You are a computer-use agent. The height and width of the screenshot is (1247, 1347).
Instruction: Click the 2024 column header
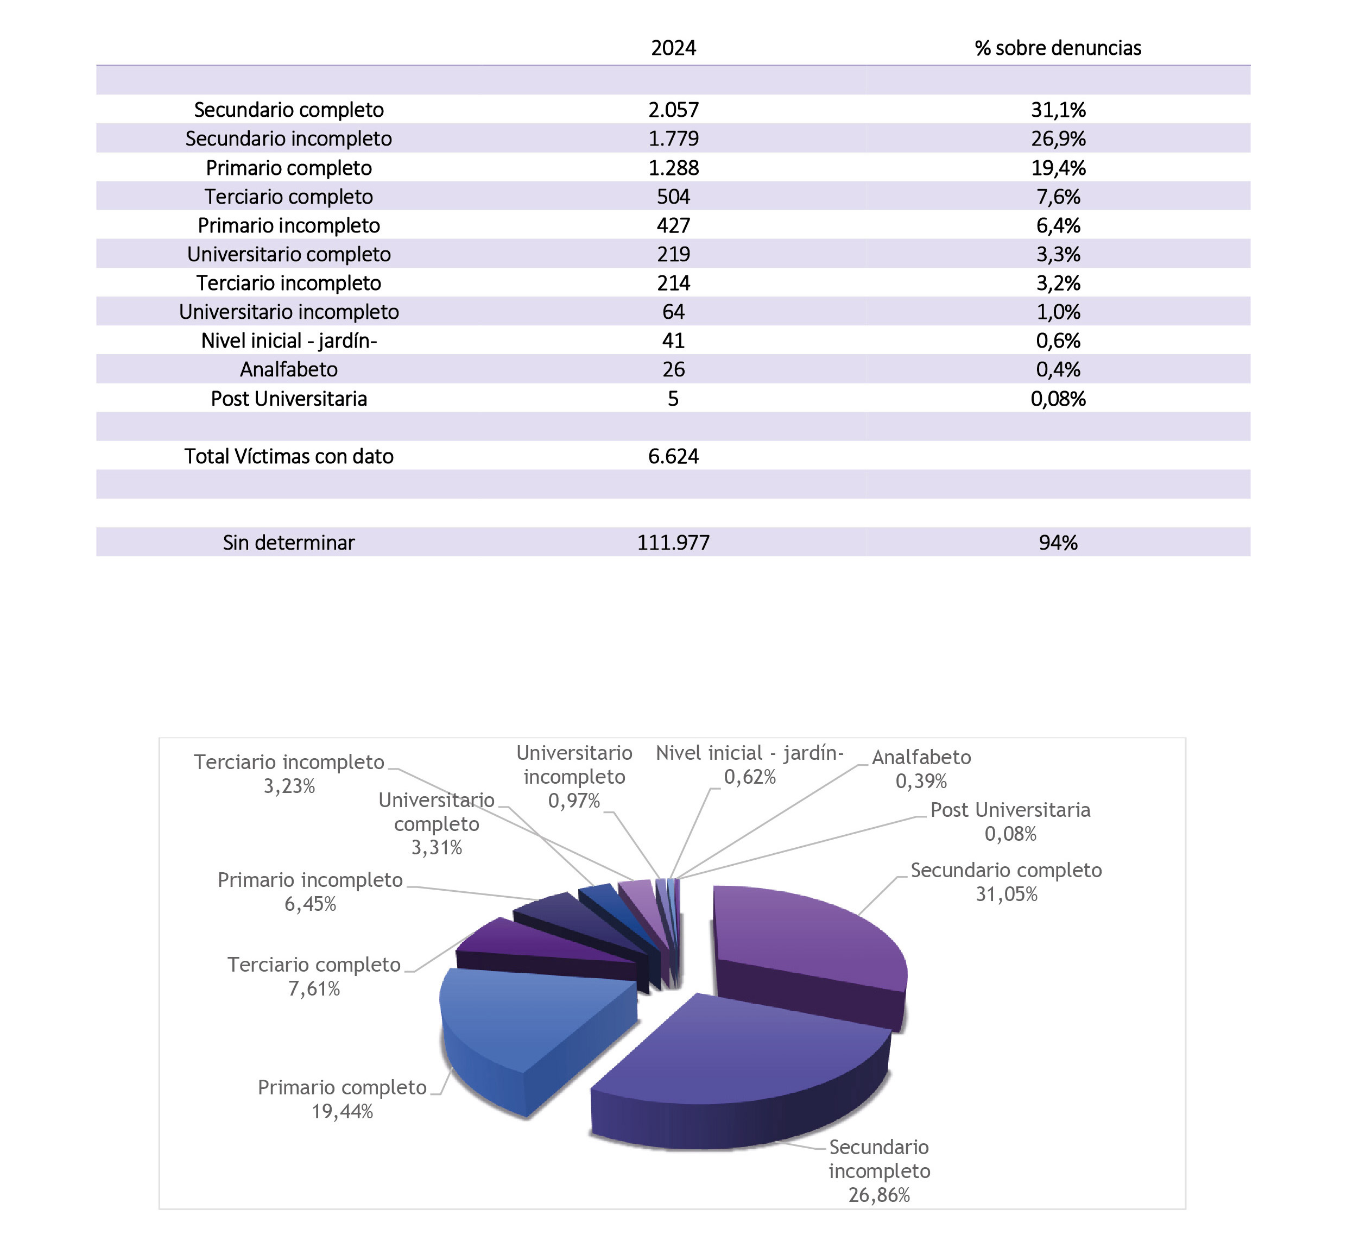coord(673,48)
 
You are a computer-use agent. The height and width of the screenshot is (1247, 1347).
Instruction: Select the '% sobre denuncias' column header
coord(1058,48)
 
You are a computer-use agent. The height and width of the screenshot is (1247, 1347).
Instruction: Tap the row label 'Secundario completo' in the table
coord(289,109)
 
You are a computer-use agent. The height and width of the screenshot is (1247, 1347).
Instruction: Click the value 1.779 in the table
coord(673,138)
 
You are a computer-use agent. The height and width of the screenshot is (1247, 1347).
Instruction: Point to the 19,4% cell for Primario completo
coord(1058,167)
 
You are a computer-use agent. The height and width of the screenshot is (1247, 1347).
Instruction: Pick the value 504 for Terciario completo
coord(673,197)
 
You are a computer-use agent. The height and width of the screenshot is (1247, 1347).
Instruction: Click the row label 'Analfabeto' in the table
coord(289,369)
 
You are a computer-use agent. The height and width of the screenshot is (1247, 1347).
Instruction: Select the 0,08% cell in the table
coord(1058,399)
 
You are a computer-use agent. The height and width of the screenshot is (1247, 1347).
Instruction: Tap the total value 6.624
coord(673,456)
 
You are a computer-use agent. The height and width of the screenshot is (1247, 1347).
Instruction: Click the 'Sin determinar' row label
coord(289,543)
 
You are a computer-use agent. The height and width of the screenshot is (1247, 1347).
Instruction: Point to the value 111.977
coord(673,543)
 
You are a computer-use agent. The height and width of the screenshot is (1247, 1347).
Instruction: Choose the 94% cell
coord(1058,543)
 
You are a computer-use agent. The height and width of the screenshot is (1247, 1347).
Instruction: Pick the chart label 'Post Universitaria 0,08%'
coord(1010,821)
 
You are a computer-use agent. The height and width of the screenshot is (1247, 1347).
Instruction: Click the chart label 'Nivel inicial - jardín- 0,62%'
coord(749,765)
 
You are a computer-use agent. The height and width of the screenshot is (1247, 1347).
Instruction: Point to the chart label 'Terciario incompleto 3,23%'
coord(289,773)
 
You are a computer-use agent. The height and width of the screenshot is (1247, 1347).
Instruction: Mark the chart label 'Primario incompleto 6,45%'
coord(309,891)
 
